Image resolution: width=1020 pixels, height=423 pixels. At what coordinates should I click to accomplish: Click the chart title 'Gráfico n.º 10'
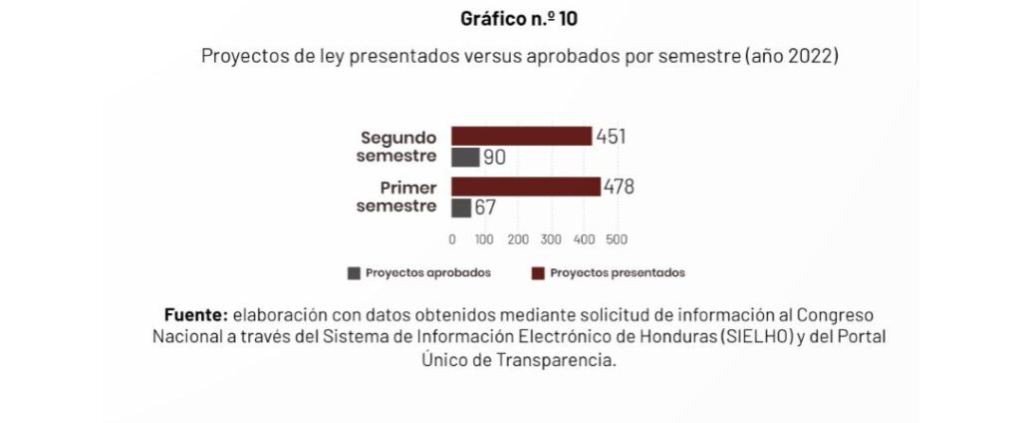509,19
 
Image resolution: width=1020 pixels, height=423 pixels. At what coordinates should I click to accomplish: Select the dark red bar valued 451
521,137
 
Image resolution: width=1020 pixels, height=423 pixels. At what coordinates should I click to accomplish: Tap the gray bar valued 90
465,158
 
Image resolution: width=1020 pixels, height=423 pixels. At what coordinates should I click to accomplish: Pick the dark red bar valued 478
526,187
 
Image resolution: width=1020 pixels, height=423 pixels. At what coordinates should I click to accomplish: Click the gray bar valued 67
461,208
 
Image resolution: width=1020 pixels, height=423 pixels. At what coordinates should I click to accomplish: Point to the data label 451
611,137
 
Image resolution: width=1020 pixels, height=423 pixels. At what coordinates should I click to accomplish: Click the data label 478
618,187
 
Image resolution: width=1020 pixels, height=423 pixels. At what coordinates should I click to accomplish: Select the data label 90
495,158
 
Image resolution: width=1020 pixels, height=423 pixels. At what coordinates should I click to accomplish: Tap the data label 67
485,208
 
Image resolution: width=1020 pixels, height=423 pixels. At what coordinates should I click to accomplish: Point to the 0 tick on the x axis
452,239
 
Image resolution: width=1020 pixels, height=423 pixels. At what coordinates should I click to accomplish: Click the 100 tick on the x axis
484,239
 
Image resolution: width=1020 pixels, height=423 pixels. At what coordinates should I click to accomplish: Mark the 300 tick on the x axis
550,239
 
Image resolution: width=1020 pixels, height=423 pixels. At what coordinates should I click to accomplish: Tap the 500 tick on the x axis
616,239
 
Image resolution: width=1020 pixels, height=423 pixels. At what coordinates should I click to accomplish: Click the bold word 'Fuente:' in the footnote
196,315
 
